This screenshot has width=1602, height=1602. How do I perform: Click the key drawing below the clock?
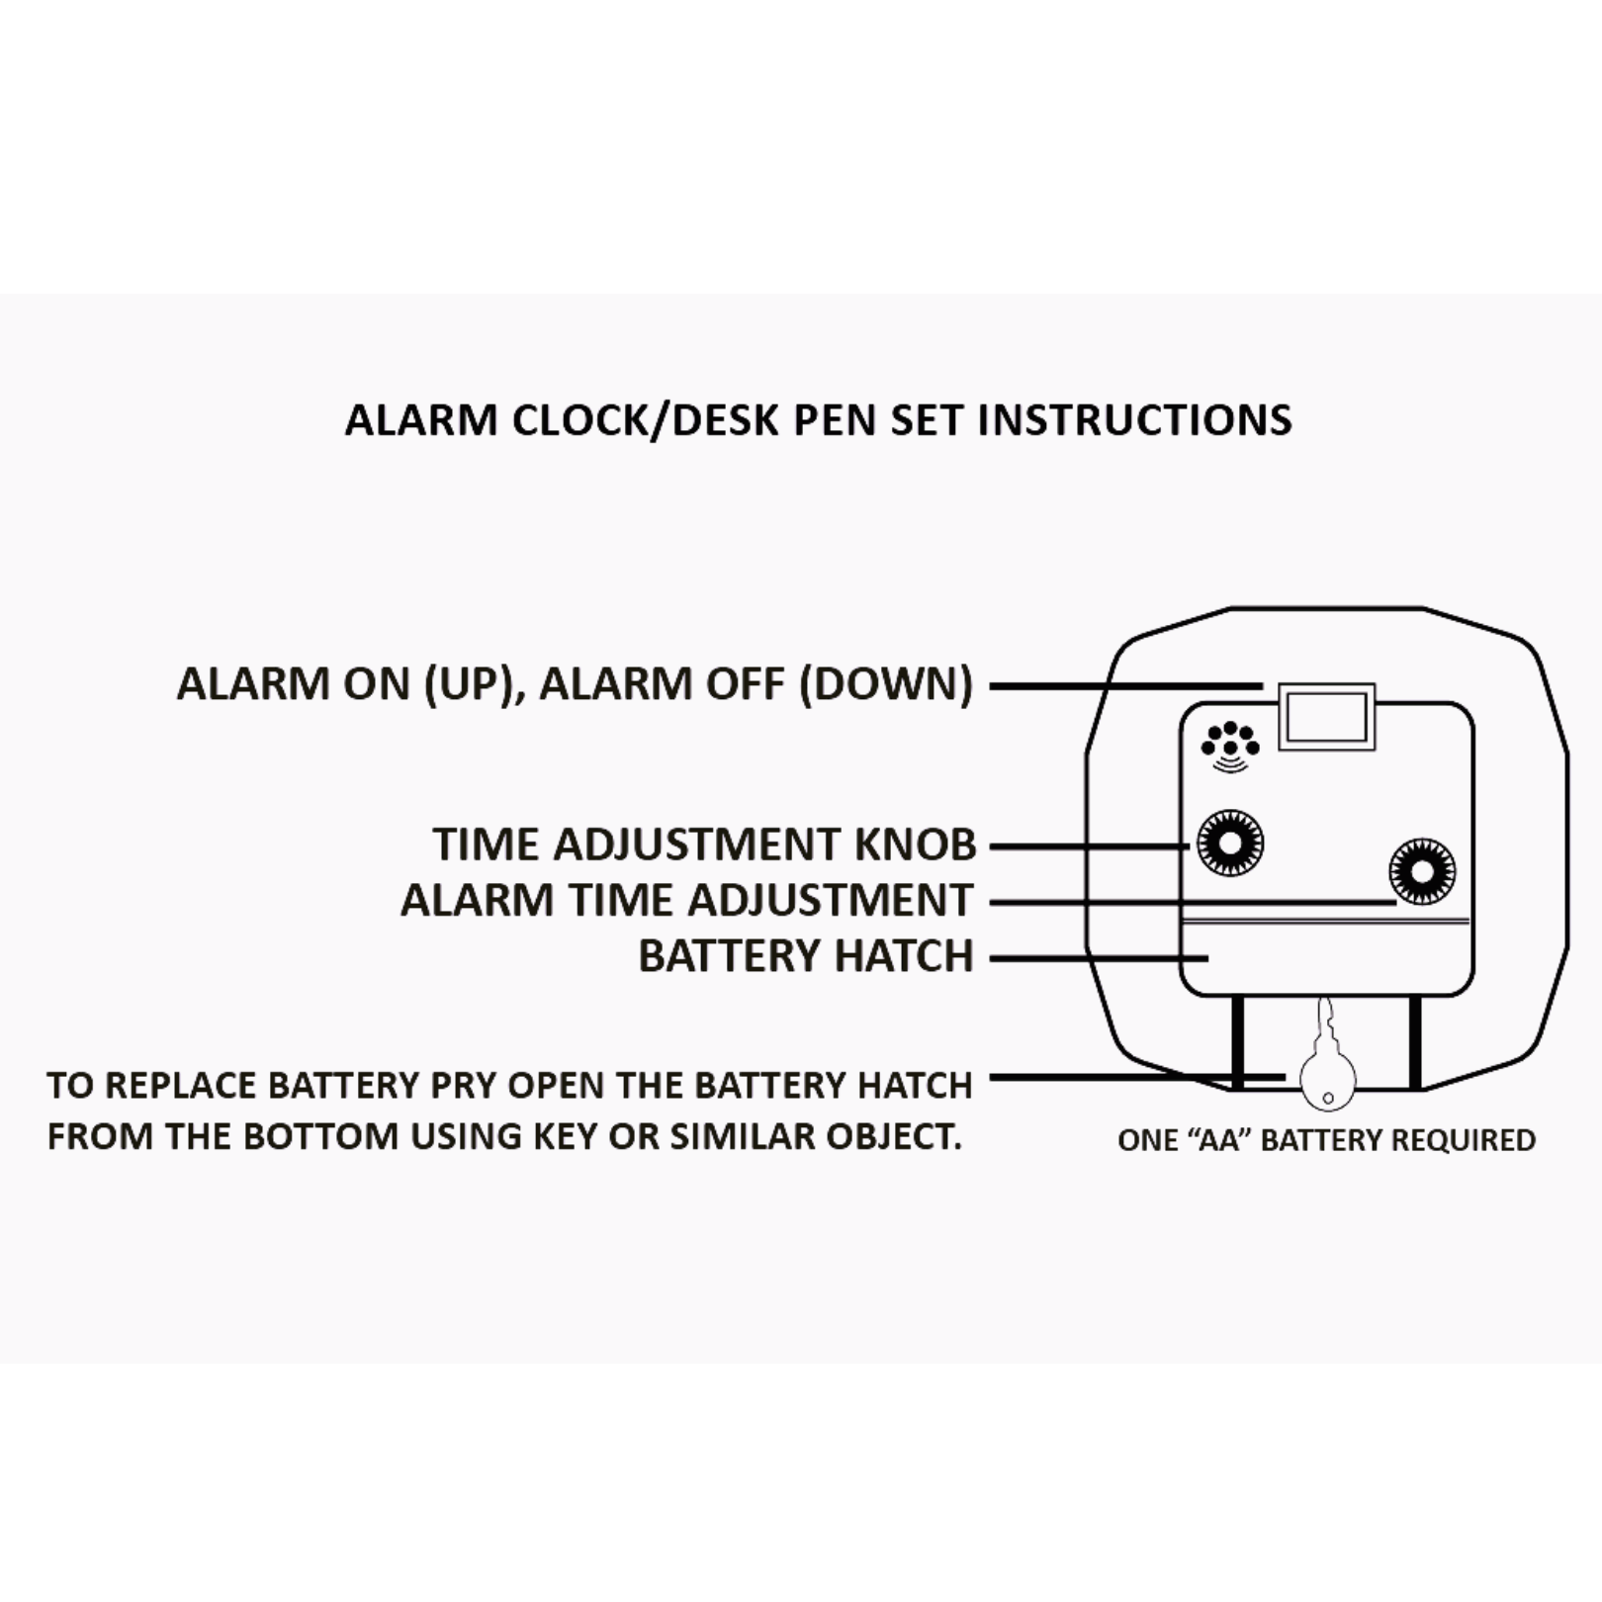pyautogui.click(x=1327, y=1058)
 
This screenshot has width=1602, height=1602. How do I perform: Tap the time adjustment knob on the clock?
pyautogui.click(x=1230, y=844)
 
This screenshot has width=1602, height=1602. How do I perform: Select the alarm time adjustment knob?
pyautogui.click(x=1422, y=871)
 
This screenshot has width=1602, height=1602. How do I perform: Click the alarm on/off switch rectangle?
pyautogui.click(x=1326, y=716)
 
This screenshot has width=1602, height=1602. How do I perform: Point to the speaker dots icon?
pyautogui.click(x=1229, y=746)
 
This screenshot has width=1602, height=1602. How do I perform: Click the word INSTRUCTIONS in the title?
pyautogui.click(x=1134, y=420)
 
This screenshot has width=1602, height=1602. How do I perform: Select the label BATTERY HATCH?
pyautogui.click(x=806, y=956)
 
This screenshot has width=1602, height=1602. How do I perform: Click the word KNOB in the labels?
pyautogui.click(x=915, y=845)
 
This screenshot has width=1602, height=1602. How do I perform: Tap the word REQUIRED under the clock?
pyautogui.click(x=1464, y=1140)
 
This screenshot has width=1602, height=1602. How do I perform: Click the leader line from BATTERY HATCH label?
pyautogui.click(x=1100, y=957)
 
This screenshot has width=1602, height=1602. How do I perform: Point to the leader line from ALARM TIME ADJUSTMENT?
pyautogui.click(x=1194, y=902)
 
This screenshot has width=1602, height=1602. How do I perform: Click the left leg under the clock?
pyautogui.click(x=1238, y=1042)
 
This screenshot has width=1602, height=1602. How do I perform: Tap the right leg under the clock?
pyautogui.click(x=1415, y=1042)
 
